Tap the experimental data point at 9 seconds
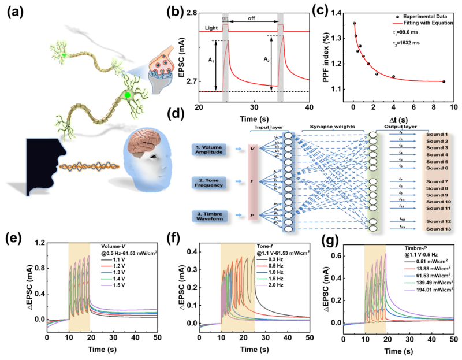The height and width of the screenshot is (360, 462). click(x=444, y=81)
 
